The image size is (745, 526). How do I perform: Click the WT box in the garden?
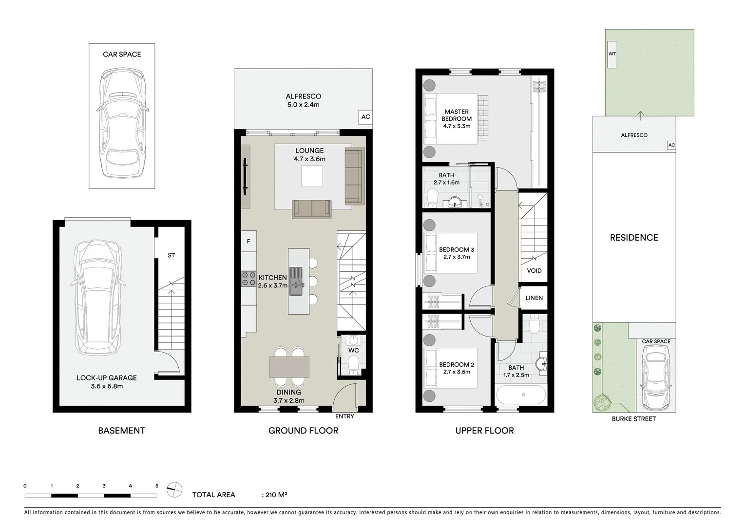click(612, 54)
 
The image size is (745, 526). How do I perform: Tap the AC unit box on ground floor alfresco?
click(365, 117)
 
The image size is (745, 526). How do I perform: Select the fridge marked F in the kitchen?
click(248, 241)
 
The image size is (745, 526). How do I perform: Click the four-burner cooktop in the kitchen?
click(248, 278)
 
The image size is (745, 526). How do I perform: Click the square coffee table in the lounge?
click(312, 176)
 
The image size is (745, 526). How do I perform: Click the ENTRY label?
click(344, 416)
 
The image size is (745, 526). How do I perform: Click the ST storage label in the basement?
click(171, 255)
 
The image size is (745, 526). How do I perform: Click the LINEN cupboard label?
click(534, 298)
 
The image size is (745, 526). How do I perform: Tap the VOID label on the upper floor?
click(534, 271)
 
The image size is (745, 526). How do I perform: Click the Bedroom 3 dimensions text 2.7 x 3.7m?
click(456, 257)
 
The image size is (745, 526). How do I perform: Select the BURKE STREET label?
click(634, 419)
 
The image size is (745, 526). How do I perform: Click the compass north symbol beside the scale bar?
click(174, 489)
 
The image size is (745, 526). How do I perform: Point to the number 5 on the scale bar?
click(156, 486)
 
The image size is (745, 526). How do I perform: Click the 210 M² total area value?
click(276, 495)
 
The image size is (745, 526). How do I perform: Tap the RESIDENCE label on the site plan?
click(634, 238)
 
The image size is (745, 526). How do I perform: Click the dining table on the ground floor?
click(289, 367)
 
